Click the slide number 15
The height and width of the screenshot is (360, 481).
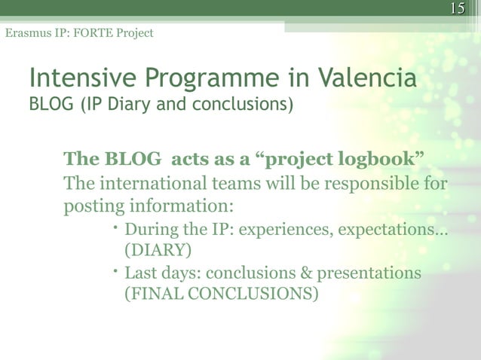click(456, 9)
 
